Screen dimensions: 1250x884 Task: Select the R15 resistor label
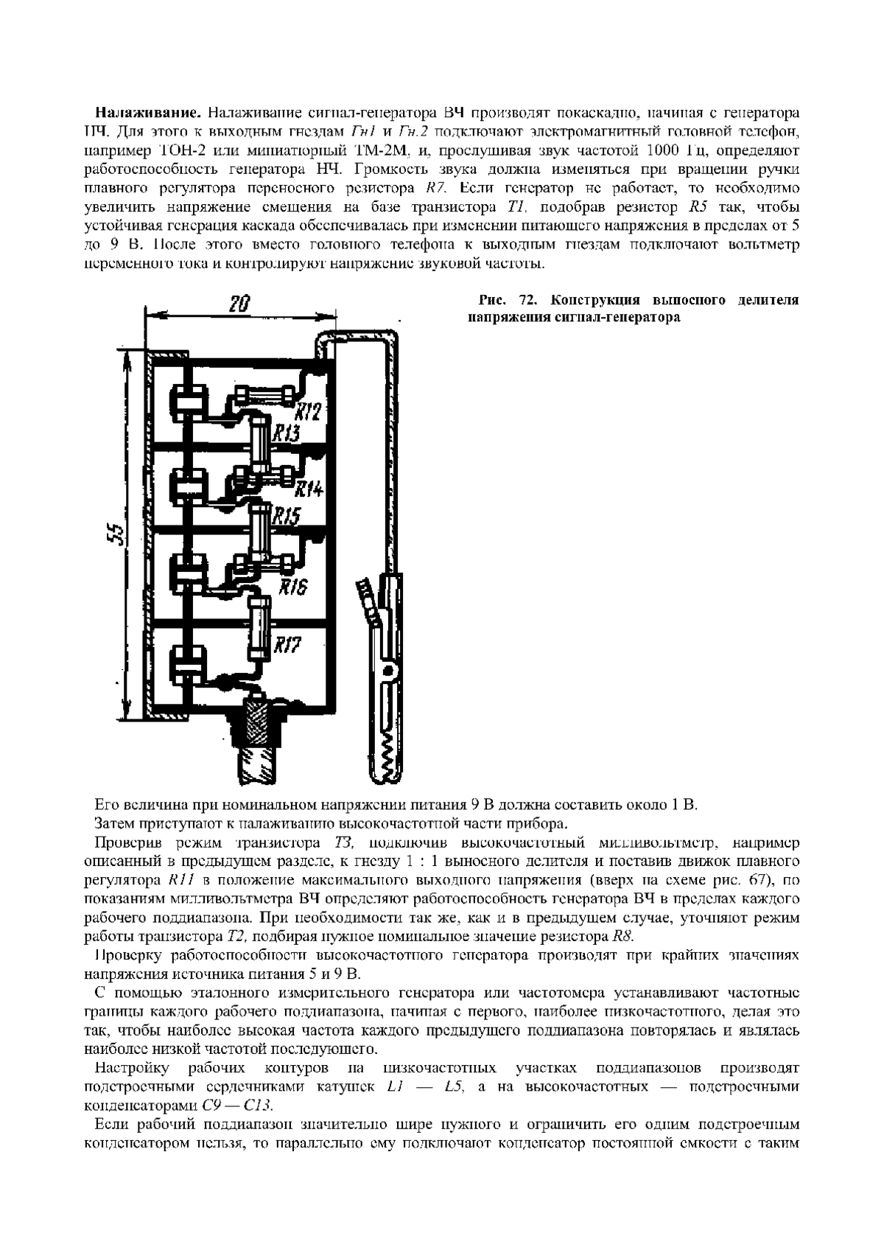pyautogui.click(x=287, y=515)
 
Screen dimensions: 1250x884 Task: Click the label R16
pyautogui.click(x=293, y=587)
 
